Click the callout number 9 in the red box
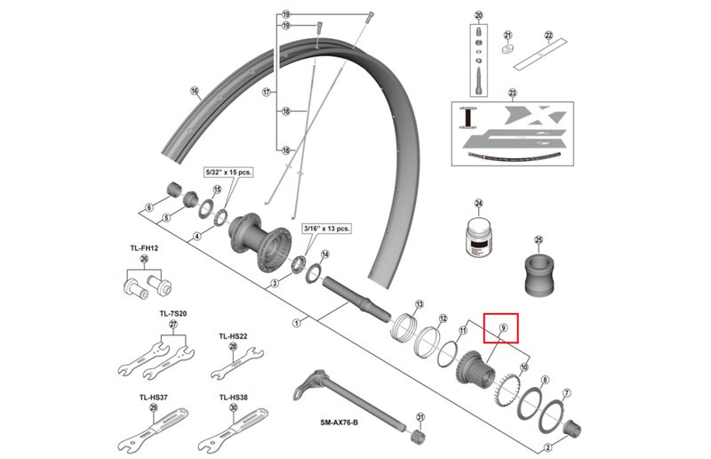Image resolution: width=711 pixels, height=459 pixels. [x=503, y=329]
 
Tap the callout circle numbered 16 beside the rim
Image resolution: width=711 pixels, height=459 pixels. [x=194, y=91]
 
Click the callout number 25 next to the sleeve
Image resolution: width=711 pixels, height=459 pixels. [x=538, y=239]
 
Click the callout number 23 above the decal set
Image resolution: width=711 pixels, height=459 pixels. [x=511, y=93]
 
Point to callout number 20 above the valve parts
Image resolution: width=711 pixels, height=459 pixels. [x=478, y=16]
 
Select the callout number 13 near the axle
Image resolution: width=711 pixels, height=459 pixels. [x=419, y=303]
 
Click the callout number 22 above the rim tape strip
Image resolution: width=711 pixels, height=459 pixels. [x=548, y=36]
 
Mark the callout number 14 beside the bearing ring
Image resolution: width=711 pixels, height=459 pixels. [x=325, y=254]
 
